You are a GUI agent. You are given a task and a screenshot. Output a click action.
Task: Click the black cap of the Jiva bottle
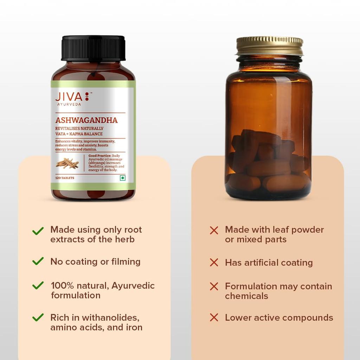(93, 48)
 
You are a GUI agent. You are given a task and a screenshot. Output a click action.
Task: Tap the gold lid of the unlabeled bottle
(270, 45)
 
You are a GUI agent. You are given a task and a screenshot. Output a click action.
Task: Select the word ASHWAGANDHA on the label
(86, 120)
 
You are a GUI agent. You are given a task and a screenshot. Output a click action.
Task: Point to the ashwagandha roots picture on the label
(67, 163)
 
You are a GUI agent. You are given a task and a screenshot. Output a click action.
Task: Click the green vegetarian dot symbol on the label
(122, 178)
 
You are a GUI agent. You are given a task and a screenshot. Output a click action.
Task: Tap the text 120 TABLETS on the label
(65, 178)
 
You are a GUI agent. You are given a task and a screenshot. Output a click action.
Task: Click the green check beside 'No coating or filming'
(38, 261)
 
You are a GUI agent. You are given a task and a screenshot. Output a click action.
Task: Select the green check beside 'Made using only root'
(38, 231)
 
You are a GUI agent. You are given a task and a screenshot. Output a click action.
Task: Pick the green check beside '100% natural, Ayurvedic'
(38, 285)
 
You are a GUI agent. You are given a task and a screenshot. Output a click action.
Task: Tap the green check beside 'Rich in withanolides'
(38, 317)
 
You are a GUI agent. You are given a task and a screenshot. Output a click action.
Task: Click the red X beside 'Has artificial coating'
(214, 262)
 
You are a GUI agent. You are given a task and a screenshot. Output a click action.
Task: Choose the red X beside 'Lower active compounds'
(214, 317)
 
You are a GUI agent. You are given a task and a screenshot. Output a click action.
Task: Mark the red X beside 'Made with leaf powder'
(214, 230)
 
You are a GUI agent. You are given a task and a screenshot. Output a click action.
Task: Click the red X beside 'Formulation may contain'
(214, 286)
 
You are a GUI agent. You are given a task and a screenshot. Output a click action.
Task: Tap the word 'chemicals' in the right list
(246, 296)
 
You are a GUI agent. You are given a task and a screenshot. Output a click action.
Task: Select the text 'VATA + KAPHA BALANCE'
(79, 134)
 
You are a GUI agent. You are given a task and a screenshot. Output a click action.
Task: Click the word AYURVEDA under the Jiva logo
(69, 104)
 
